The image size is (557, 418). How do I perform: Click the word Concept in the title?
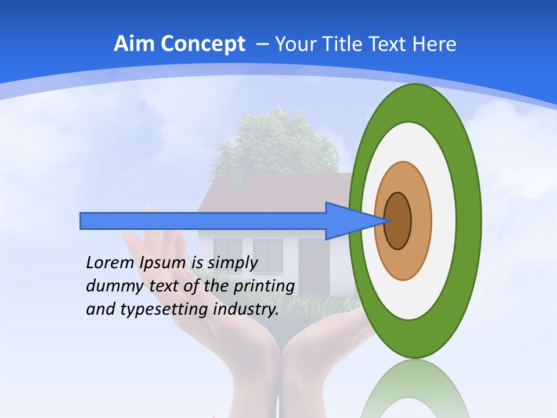(202, 44)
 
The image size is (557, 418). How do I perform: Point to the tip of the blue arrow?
(388, 221)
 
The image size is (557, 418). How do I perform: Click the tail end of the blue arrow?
(82, 221)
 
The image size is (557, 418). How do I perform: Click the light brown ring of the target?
(421, 221)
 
